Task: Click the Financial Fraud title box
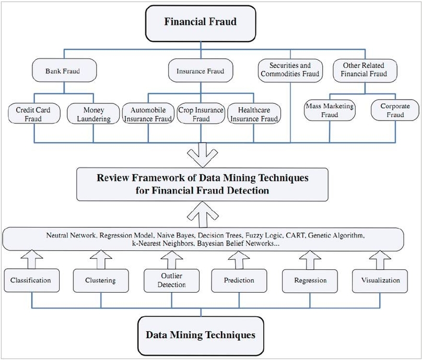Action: (x=200, y=22)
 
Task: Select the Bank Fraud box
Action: (x=63, y=70)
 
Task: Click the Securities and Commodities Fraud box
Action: (x=290, y=70)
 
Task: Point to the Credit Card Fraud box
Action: (x=33, y=114)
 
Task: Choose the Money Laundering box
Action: (x=93, y=114)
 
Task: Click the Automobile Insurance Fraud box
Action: (x=148, y=114)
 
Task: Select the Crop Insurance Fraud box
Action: (x=201, y=114)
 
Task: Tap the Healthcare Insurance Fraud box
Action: (x=254, y=114)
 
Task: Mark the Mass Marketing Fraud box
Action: (x=329, y=111)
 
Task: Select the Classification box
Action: (x=31, y=280)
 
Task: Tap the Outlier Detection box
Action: (x=171, y=280)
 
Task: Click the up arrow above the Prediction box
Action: (x=238, y=259)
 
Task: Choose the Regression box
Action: (x=310, y=281)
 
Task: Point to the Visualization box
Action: (x=380, y=280)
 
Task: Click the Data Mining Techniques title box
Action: (x=201, y=334)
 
